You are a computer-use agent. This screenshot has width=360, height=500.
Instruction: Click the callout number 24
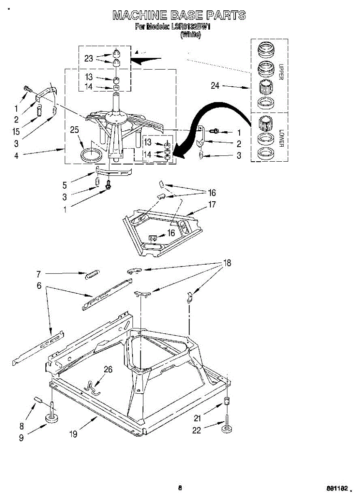215,86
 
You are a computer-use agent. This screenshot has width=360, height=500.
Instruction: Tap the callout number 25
74,130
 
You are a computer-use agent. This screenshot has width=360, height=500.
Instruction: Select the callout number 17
212,205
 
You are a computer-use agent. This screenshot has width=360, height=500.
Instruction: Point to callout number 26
108,370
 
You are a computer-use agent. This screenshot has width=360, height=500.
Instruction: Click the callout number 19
73,434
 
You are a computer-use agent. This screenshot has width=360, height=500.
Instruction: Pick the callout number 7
38,274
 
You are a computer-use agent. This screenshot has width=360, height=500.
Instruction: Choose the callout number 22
196,430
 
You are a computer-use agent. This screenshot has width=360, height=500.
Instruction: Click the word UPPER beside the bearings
281,72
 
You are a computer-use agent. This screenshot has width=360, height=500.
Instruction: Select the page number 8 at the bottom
180,488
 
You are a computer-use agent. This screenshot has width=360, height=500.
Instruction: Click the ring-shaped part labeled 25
90,155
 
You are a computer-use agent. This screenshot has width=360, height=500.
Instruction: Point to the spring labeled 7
92,275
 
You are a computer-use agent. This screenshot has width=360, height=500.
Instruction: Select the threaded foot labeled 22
227,425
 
